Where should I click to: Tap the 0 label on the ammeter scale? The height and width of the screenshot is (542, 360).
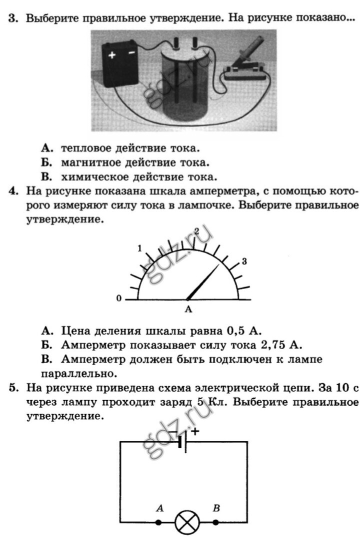point(119,299)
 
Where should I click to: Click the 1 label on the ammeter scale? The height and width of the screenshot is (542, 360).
point(140,248)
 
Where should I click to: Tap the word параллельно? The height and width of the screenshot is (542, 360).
point(77,373)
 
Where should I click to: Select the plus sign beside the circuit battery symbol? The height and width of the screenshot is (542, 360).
point(194,430)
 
